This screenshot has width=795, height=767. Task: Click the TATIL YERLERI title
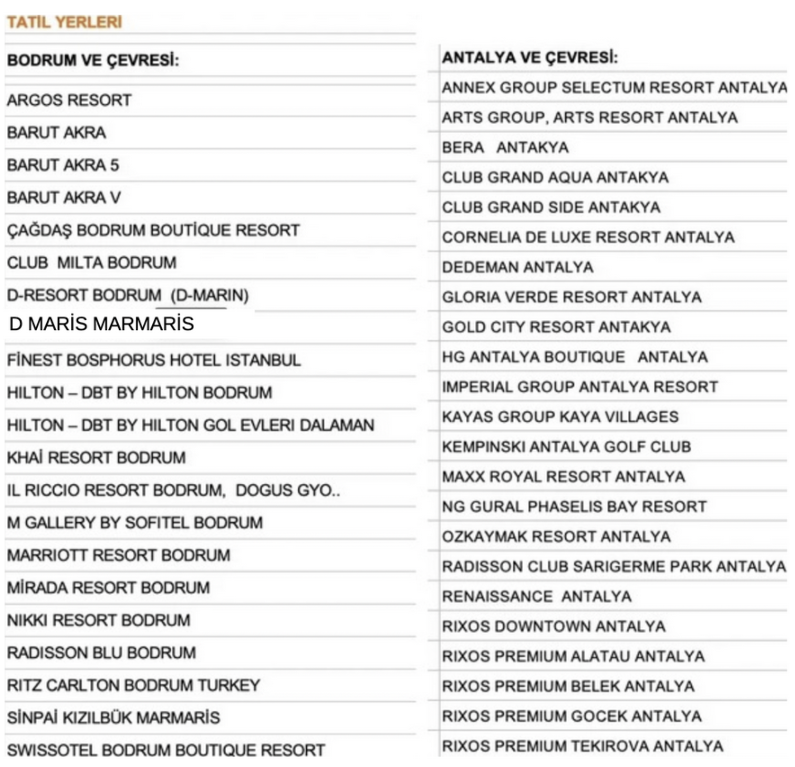point(64,22)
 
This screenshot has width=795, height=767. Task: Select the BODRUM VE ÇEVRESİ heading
point(93,60)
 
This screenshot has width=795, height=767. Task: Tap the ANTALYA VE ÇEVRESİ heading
point(530,58)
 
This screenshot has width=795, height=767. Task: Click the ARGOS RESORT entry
point(69,100)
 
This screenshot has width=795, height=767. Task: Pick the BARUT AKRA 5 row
point(63,165)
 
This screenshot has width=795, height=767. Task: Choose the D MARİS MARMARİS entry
point(101,324)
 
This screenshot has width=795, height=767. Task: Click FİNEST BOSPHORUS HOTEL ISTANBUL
point(153,360)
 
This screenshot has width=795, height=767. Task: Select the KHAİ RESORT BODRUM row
point(96,458)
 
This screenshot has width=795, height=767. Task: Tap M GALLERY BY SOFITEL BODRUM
point(134,523)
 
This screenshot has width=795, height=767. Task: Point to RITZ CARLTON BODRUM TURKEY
point(133,685)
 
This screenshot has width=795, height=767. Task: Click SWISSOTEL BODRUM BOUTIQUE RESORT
point(166,750)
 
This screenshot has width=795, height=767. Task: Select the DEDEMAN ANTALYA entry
point(518,267)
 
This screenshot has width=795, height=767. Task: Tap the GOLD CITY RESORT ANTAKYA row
point(556,327)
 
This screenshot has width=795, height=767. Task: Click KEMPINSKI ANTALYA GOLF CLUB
point(566,447)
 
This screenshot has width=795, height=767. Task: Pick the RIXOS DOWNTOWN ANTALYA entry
point(554,626)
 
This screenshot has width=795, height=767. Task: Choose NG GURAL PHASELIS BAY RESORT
point(574,507)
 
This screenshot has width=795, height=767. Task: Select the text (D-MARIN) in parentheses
point(209,296)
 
